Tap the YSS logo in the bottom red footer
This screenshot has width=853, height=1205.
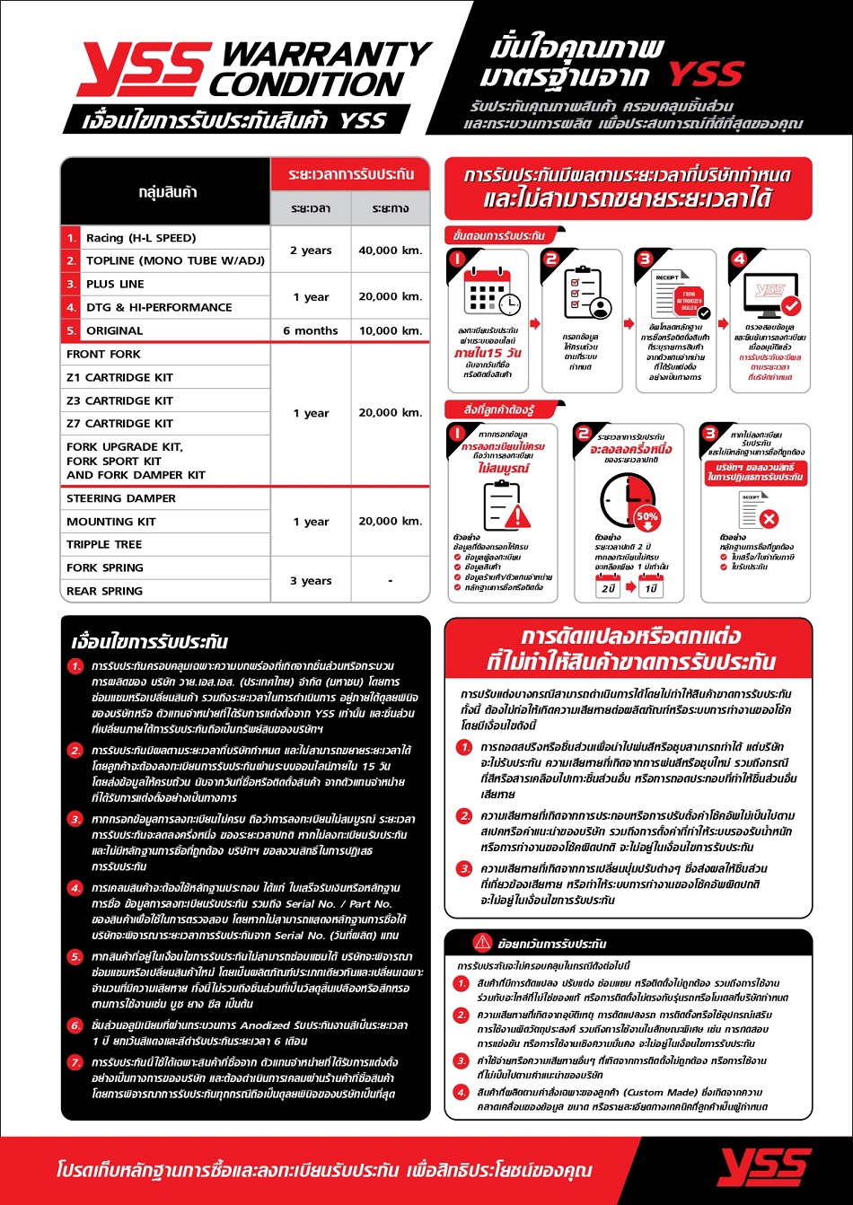tap(764, 1168)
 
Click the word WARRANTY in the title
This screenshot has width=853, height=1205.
tap(327, 54)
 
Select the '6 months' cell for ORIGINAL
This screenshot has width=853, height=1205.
tap(310, 330)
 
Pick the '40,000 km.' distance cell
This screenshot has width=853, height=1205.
tap(390, 251)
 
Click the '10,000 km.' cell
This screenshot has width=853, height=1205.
tap(390, 330)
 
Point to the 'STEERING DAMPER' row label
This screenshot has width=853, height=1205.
tap(121, 498)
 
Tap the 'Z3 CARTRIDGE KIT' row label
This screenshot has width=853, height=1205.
tap(119, 400)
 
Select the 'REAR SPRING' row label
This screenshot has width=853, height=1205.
tap(104, 591)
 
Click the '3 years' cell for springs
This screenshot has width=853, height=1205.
tap(311, 580)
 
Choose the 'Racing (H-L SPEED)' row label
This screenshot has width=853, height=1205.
tap(140, 238)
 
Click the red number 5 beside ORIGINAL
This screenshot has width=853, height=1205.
tap(71, 330)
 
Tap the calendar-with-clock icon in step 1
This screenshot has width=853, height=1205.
tap(491, 293)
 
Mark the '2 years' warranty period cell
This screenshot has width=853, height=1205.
tap(311, 251)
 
